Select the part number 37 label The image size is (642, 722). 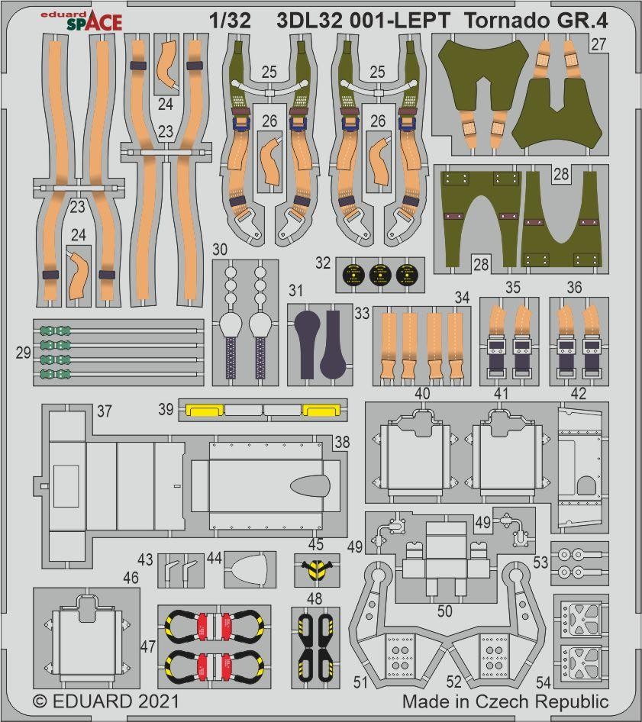point(104,412)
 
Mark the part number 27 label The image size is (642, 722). point(598,44)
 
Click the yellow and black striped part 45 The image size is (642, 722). point(315,568)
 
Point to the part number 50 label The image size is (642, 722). point(444,611)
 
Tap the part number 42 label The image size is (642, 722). point(578,394)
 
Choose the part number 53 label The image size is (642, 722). point(541,564)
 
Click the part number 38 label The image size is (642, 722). point(342,442)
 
